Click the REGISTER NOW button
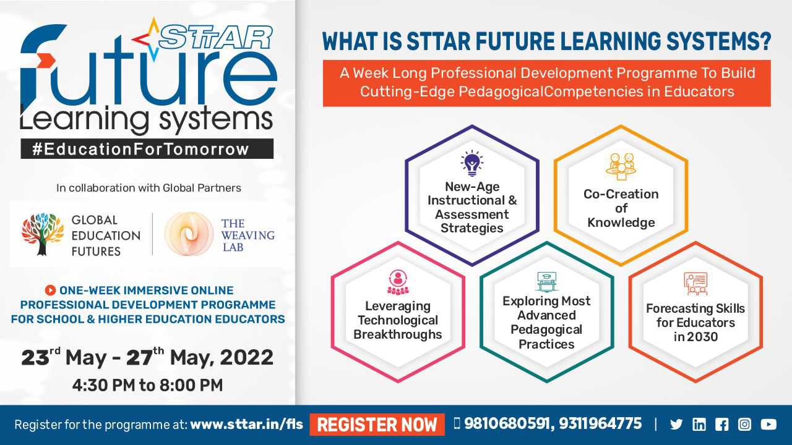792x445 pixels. [x=377, y=424]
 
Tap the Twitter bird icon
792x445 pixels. [x=676, y=424]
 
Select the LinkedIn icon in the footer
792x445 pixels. [x=699, y=424]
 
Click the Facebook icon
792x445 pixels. [x=721, y=424]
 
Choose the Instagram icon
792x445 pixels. [x=744, y=424]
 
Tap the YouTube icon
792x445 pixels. [x=768, y=424]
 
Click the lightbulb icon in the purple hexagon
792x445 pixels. [x=472, y=164]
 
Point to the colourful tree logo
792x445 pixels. [x=43, y=234]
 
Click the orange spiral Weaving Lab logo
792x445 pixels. [x=189, y=234]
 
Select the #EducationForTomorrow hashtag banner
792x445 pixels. [x=147, y=149]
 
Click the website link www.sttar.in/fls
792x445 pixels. [x=246, y=424]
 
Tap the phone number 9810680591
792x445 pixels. [x=507, y=423]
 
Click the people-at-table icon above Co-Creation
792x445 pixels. [x=621, y=166]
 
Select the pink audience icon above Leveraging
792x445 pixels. [x=398, y=282]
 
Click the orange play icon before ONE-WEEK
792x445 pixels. [x=51, y=290]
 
